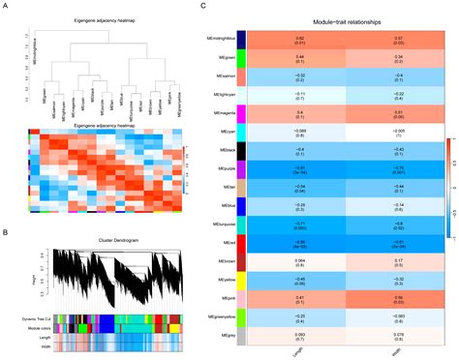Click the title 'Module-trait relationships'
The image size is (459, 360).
click(344, 19)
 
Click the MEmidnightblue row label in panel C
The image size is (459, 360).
click(220, 40)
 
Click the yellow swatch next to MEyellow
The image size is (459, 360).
click(243, 280)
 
